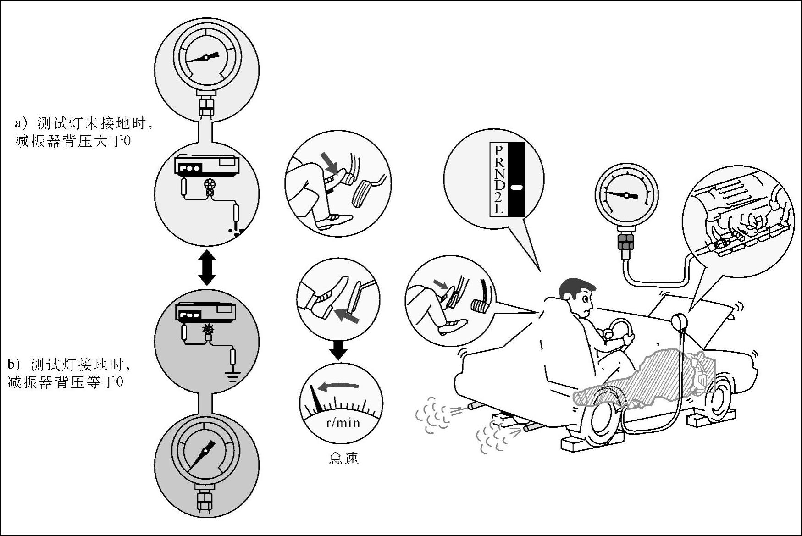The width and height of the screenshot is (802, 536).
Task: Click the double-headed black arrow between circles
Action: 207,267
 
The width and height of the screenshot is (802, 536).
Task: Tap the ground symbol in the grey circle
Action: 233,377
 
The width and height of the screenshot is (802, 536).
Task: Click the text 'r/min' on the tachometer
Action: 343,422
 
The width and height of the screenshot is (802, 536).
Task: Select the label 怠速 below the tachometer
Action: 343,458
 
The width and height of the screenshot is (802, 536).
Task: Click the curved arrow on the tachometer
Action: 338,386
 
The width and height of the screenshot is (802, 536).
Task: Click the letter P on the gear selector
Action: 499,150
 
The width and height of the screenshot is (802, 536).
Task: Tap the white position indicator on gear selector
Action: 516,187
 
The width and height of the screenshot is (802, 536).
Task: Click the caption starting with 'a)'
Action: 84,132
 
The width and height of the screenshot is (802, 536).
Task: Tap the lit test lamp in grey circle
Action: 209,329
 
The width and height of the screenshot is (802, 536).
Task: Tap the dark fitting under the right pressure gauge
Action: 626,243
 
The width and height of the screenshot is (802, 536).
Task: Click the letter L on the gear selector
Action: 499,209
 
